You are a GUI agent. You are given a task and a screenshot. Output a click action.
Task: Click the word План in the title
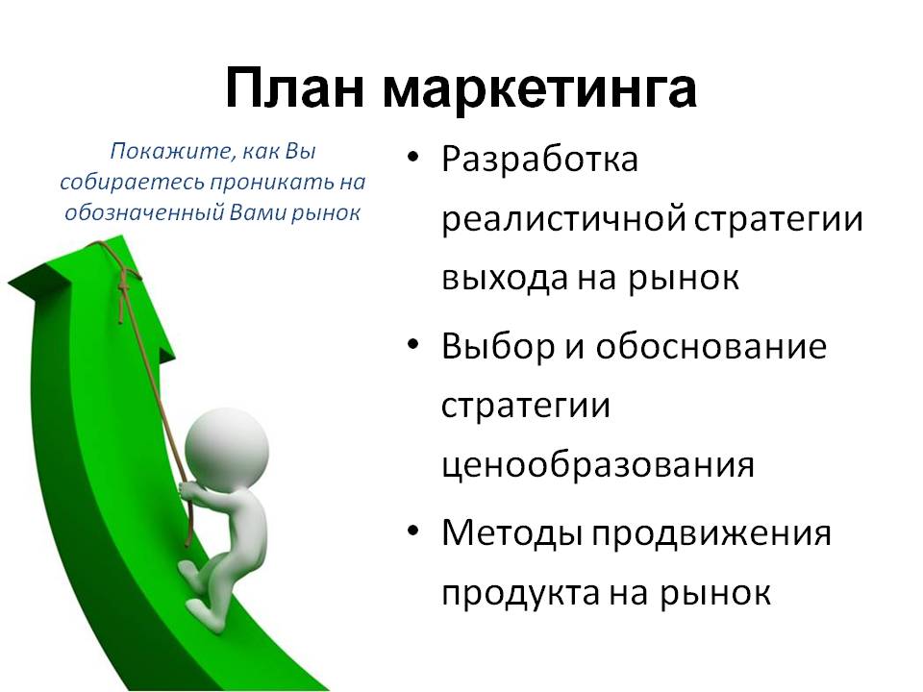[x=294, y=88]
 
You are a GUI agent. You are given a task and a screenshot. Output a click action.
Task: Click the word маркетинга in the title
[x=539, y=91]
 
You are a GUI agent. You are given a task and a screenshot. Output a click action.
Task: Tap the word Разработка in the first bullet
[x=539, y=160]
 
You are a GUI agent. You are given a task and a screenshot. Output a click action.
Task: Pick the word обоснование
[x=711, y=346]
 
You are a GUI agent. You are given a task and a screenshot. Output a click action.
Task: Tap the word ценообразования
[x=597, y=466]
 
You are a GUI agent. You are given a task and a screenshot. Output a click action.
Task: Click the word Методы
[x=512, y=533]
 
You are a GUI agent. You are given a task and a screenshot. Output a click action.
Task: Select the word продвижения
[x=711, y=534]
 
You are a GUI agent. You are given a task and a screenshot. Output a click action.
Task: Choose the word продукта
[x=520, y=593]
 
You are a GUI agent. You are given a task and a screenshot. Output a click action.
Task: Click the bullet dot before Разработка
[x=413, y=158]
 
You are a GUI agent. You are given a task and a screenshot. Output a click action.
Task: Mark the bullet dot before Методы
[x=413, y=531]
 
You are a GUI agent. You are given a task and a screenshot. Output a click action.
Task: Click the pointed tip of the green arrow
[x=121, y=236]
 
